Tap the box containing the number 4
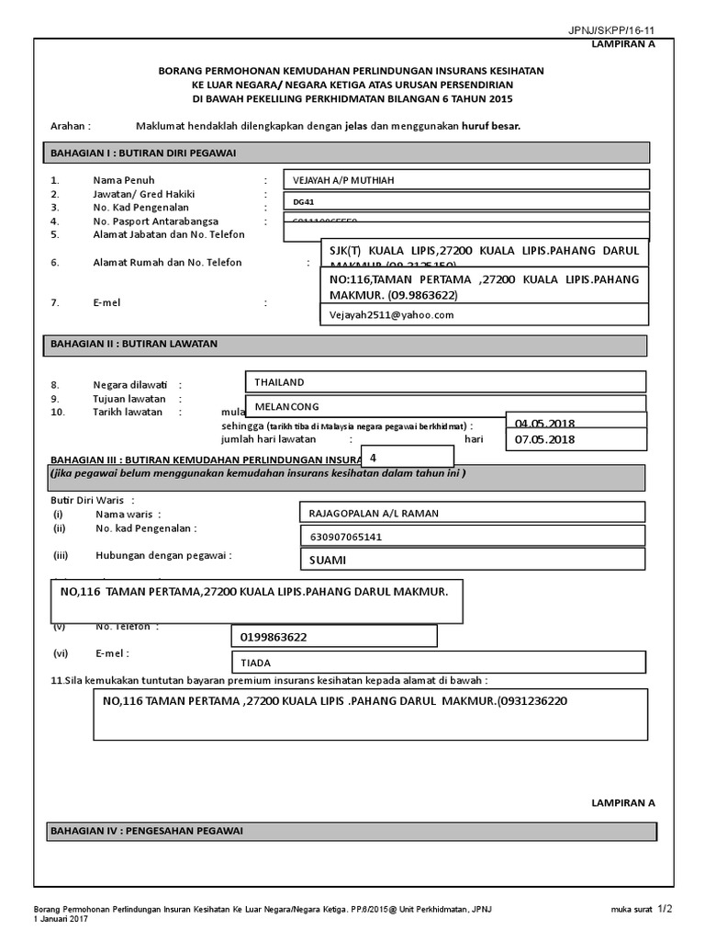408,456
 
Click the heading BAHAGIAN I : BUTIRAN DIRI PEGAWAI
143,153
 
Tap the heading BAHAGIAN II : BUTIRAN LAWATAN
133,345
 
